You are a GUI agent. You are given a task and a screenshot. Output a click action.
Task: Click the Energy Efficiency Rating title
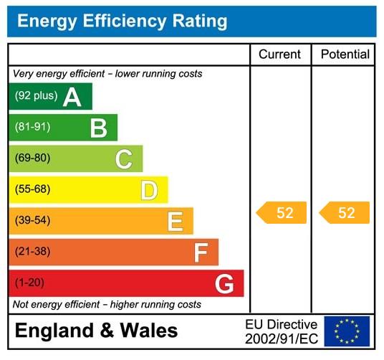tap(122, 22)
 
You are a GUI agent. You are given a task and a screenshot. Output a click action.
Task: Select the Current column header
tap(279, 55)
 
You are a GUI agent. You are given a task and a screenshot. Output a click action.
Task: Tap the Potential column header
tap(345, 55)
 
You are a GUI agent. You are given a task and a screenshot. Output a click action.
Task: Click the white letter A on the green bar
tap(72, 97)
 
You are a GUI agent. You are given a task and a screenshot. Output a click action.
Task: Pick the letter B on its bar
tap(98, 128)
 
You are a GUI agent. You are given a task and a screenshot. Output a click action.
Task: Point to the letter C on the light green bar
tap(124, 159)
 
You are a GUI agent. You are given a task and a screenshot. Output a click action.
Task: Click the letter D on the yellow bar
tap(149, 191)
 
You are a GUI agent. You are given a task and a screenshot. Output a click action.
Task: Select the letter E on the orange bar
tap(175, 222)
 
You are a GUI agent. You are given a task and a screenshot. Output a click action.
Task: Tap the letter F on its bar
tap(201, 252)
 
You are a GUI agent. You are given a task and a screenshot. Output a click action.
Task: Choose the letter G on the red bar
tap(224, 284)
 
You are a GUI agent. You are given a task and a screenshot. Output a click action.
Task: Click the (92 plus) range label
tap(36, 96)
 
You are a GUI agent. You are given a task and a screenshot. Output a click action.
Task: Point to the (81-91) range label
tap(32, 128)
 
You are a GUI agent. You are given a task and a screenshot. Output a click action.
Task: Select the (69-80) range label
tap(32, 158)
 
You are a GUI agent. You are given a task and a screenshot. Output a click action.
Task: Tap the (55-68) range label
tap(32, 190)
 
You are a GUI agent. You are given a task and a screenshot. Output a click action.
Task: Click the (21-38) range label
tap(32, 252)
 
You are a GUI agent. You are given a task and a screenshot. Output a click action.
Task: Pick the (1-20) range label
tap(29, 283)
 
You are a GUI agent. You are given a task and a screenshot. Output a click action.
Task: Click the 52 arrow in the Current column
tap(282, 213)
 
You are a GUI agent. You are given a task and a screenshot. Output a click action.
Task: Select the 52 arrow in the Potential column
tap(345, 213)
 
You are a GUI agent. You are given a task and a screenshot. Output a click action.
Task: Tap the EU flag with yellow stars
tap(347, 331)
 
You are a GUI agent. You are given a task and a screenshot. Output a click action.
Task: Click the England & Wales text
tap(96, 331)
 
